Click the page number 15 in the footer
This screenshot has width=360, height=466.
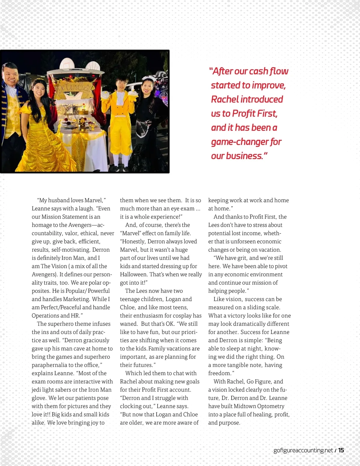pyautogui.click(x=341, y=450)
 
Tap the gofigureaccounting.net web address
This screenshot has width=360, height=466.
pyautogui.click(x=303, y=450)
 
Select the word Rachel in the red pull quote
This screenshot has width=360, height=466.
pyautogui.click(x=225, y=99)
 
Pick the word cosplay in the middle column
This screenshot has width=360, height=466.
pyautogui.click(x=182, y=315)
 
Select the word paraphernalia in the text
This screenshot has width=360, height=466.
pyautogui.click(x=49, y=365)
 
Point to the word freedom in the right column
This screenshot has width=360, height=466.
pyautogui.click(x=220, y=373)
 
